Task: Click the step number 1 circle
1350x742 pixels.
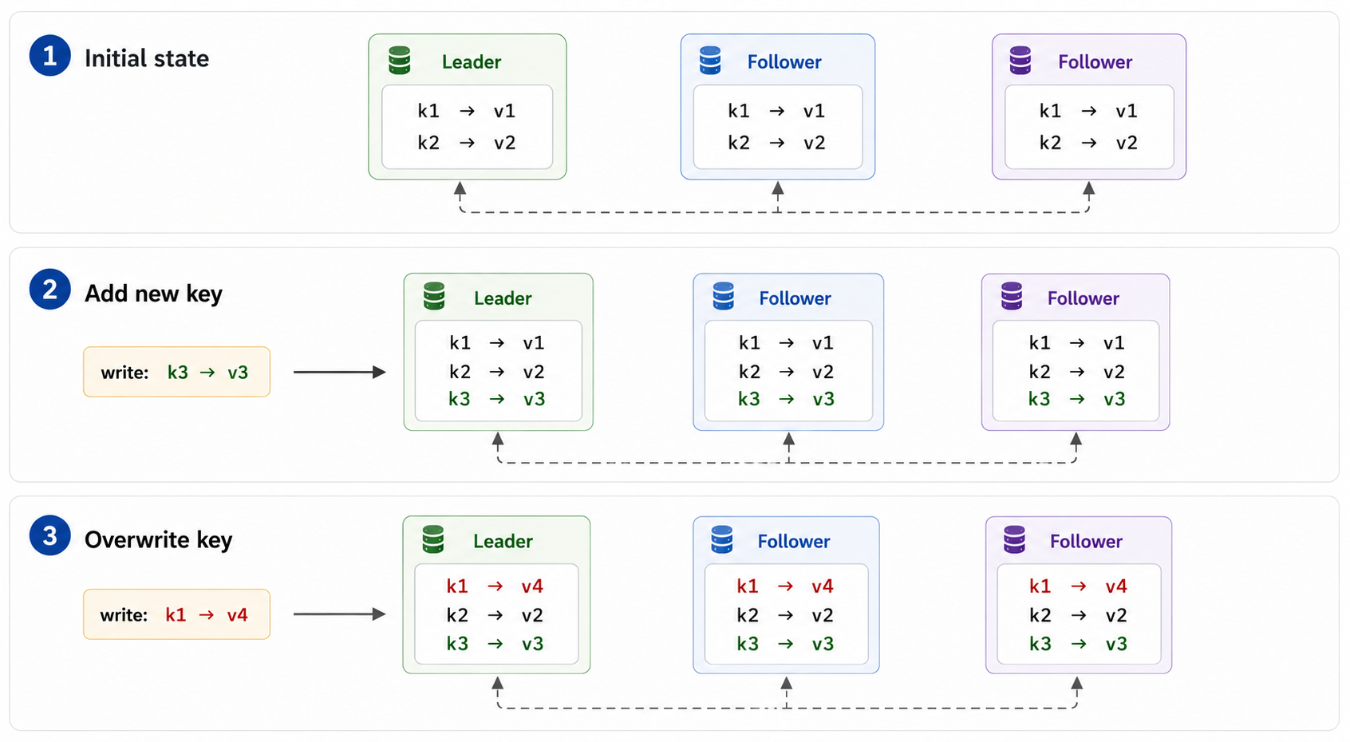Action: coord(50,56)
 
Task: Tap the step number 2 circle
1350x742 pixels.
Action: coord(50,290)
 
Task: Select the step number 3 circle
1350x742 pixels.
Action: coord(50,535)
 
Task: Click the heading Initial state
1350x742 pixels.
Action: coord(147,58)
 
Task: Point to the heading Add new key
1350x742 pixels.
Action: coord(153,294)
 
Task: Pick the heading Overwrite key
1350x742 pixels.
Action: coord(158,539)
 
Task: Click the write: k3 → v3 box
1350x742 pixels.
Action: coord(176,372)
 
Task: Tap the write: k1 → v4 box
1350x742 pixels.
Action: coord(176,614)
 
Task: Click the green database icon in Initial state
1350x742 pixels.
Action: coord(400,61)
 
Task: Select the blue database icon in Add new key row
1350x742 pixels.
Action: coord(723,296)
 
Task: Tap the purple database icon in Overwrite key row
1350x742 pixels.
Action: coord(1014,539)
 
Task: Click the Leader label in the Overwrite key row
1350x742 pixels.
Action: coord(503,541)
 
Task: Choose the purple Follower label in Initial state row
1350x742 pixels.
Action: coord(1095,62)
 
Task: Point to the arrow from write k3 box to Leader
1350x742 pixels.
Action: coord(339,372)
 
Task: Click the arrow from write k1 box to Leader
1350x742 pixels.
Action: coord(339,614)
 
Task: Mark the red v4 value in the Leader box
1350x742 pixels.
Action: coord(532,586)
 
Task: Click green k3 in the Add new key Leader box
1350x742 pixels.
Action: coord(460,399)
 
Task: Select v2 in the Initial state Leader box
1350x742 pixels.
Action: coord(504,143)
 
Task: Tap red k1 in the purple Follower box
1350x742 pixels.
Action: coord(1040,586)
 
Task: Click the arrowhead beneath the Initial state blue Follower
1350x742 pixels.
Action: coord(778,188)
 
